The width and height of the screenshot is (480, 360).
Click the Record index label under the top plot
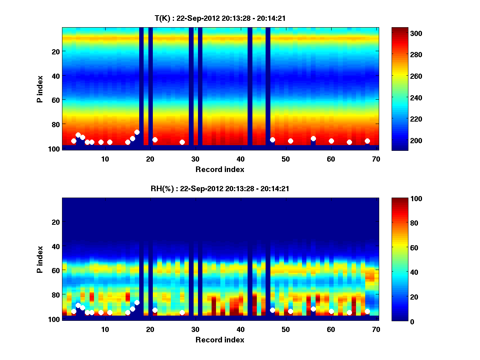coord(220,169)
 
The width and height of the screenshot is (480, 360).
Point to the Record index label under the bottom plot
coord(220,340)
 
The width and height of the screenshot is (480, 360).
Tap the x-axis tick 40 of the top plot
coord(240,158)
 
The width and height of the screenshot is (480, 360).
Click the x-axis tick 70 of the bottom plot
coord(376,329)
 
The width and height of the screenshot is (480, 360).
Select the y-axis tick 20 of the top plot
coord(56,51)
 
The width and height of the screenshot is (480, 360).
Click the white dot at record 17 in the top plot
coord(137,132)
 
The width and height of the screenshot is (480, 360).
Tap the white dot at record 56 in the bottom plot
coord(313,309)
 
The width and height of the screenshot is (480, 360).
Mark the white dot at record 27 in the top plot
coord(182,142)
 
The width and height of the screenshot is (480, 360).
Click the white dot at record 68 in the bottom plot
coord(367,311)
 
